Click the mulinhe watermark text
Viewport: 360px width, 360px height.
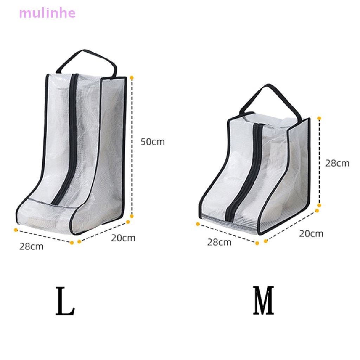pyautogui.click(x=47, y=13)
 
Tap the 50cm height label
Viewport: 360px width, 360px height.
pyautogui.click(x=153, y=142)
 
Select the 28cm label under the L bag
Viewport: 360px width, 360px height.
pyautogui.click(x=31, y=246)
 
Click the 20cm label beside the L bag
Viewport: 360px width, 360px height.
pyautogui.click(x=123, y=238)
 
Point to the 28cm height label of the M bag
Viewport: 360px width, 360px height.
pyautogui.click(x=337, y=163)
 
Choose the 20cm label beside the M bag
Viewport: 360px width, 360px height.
pyautogui.click(x=311, y=234)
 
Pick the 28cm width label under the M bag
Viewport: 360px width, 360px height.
pyautogui.click(x=219, y=243)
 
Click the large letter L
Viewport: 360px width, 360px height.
pyautogui.click(x=65, y=301)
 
